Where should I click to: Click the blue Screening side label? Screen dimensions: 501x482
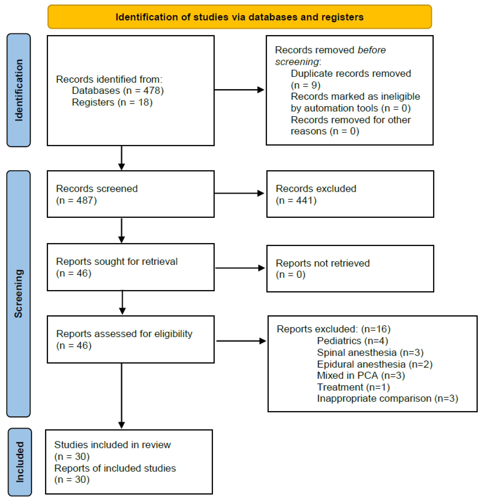(x=18, y=294)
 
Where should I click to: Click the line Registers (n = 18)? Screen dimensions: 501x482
(x=112, y=102)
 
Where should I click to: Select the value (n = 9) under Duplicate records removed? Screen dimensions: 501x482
(x=305, y=85)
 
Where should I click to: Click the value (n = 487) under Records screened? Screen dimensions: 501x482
(x=76, y=200)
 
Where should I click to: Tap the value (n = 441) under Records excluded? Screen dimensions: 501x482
(x=296, y=200)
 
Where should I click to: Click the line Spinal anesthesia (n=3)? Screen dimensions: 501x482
(x=370, y=352)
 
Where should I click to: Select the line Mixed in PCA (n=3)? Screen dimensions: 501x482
(x=361, y=375)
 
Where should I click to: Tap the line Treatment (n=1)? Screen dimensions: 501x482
(x=353, y=387)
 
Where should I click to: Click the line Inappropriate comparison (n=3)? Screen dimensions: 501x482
(x=387, y=398)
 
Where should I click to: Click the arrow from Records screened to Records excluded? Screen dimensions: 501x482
(x=239, y=193)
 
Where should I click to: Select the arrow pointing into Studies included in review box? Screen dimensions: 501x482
(x=122, y=396)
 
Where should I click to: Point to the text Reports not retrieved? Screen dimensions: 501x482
(x=323, y=263)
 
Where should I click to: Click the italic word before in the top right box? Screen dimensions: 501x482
(x=371, y=50)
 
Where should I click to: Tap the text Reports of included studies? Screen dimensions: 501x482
(x=115, y=468)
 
